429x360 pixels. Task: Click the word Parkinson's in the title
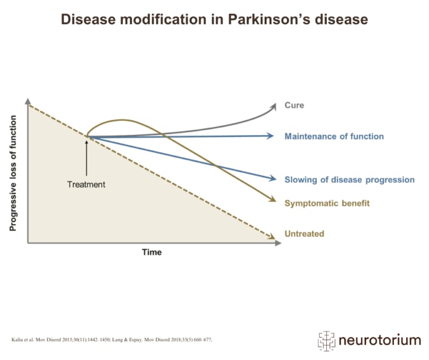(x=264, y=20)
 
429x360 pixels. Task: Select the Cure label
(x=294, y=105)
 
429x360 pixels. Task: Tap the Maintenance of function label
(x=334, y=136)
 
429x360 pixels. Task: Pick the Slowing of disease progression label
(x=349, y=179)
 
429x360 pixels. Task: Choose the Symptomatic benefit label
(x=327, y=203)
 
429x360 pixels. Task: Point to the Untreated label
(x=304, y=234)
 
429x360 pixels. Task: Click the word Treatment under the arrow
(x=86, y=184)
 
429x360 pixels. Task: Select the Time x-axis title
(x=151, y=252)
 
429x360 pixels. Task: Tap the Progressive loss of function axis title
(x=13, y=173)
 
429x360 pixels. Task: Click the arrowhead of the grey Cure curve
(x=274, y=105)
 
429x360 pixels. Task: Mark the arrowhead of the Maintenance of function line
(x=271, y=136)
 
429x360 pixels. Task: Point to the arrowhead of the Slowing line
(x=273, y=179)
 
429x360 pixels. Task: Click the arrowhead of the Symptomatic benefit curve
(x=273, y=201)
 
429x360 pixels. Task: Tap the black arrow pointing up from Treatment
(x=87, y=159)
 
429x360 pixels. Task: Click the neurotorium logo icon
(x=326, y=339)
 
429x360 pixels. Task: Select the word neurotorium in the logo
(x=380, y=340)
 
